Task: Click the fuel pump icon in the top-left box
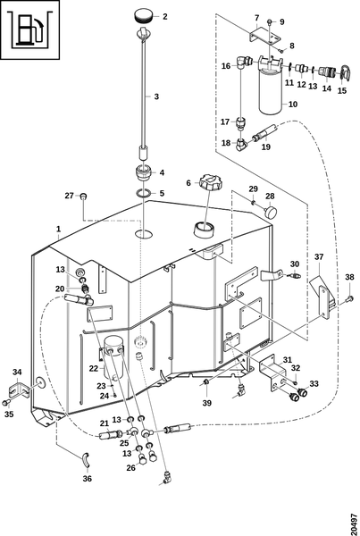30,29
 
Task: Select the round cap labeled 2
144,16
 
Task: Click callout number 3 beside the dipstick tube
156,96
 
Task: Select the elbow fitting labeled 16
242,62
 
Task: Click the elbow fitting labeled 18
242,144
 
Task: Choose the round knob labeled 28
271,211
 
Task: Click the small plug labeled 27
83,197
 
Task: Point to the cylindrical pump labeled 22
113,356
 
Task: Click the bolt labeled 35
6,403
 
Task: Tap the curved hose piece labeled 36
85,460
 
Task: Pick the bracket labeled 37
323,297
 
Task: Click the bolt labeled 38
349,300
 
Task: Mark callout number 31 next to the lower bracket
288,360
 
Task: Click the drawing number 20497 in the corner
354,520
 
